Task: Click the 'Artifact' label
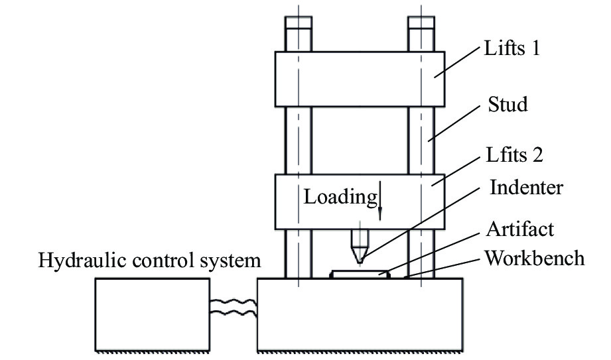pyautogui.click(x=520, y=231)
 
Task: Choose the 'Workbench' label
pyautogui.click(x=535, y=258)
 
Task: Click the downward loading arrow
pyautogui.click(x=380, y=203)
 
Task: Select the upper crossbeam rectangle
pyautogui.click(x=360, y=79)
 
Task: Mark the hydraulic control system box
pyautogui.click(x=152, y=313)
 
